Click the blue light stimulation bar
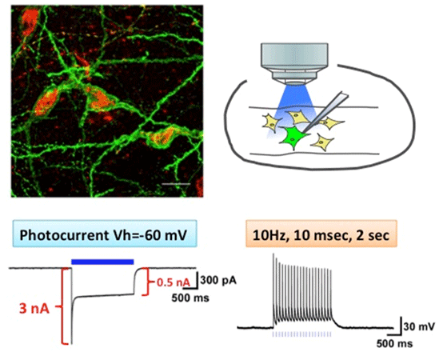pyautogui.click(x=102, y=262)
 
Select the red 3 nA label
pyautogui.click(x=34, y=309)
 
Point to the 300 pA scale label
pyautogui.click(x=218, y=280)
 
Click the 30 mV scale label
pyautogui.click(x=419, y=326)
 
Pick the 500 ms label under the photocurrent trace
pyautogui.click(x=190, y=298)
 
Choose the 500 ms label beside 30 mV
pyautogui.click(x=394, y=344)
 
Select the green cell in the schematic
pyautogui.click(x=294, y=137)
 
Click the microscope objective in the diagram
pyautogui.click(x=294, y=63)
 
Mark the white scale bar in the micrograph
pyautogui.click(x=176, y=184)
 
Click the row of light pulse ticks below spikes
pyautogui.click(x=301, y=334)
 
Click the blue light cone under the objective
pyautogui.click(x=293, y=107)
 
